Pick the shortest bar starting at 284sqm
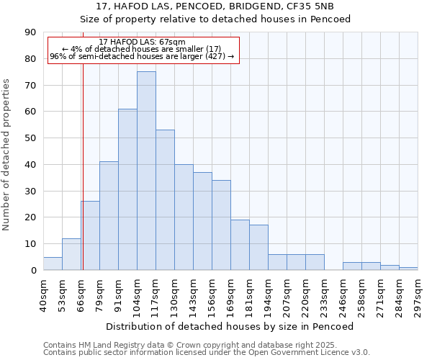[408, 269]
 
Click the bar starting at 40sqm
[53, 264]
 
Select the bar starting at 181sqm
[258, 248]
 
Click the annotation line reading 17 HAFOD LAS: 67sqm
[142, 42]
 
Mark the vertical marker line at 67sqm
[83, 180]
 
